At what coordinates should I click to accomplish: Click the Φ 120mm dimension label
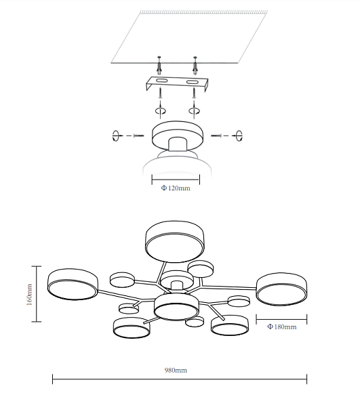pos(176,188)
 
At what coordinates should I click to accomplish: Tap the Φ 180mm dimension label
pos(282,327)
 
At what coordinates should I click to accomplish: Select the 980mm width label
pos(176,370)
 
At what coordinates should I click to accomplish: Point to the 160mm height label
pos(29,295)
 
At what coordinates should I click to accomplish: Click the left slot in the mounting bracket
pos(161,81)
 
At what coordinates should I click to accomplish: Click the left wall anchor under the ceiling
pos(159,65)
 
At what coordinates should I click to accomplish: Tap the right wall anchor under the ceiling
pos(195,65)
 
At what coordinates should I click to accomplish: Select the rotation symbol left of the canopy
pos(115,135)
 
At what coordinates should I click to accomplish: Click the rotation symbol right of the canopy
pos(239,135)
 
